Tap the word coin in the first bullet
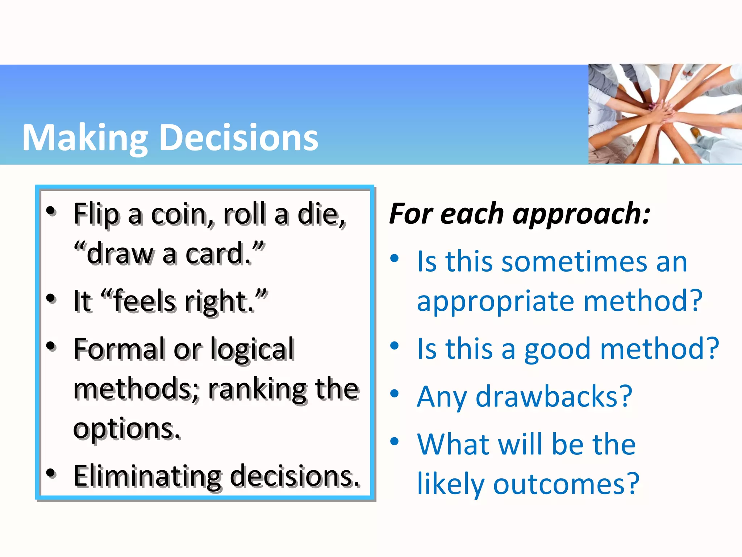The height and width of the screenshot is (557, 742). point(179,215)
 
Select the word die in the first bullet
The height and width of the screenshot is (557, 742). point(319,215)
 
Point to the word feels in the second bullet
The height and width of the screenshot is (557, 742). point(144,302)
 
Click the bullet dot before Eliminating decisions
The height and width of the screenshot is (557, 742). point(51,473)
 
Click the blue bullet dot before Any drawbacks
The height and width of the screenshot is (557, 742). point(394,393)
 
